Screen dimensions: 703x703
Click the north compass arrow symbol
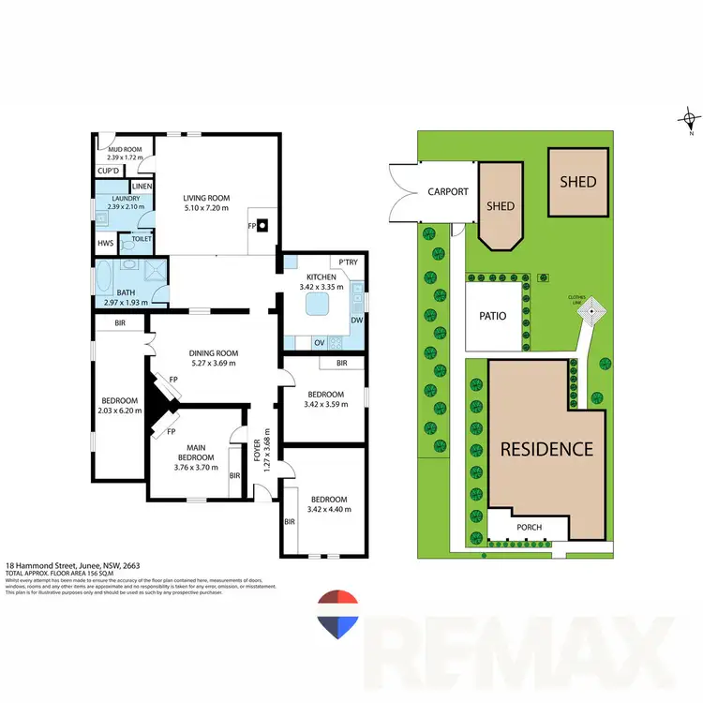pos(690,118)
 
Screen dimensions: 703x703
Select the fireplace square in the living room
pos(263,225)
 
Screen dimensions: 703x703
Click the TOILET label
pos(142,239)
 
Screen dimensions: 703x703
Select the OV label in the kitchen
pos(319,341)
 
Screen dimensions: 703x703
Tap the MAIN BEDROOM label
pos(195,453)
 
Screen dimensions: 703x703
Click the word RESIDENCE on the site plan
pos(546,449)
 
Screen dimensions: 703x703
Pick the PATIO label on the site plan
pos(493,316)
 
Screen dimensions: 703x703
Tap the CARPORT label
pos(448,191)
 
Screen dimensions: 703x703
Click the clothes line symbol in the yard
pos(591,309)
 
